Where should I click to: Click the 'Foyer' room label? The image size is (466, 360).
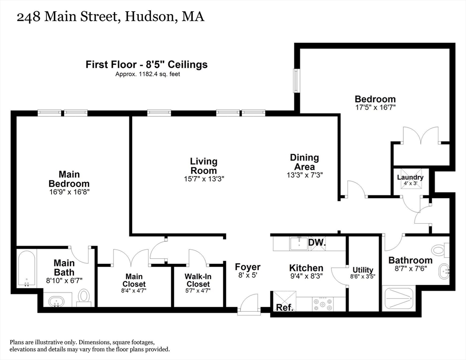click(248, 267)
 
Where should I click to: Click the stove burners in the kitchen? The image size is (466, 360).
click(323, 304)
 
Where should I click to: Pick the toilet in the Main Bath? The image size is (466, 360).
click(84, 296)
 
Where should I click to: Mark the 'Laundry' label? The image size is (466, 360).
click(410, 177)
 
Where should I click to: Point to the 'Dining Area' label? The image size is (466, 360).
click(304, 162)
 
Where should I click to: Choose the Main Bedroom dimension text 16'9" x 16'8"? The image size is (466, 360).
click(69, 192)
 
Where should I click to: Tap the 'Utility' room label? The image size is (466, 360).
click(363, 270)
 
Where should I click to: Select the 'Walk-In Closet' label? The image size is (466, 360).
click(198, 280)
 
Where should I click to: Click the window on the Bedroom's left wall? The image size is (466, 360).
click(296, 81)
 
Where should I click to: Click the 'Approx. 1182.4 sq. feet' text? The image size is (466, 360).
click(148, 74)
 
